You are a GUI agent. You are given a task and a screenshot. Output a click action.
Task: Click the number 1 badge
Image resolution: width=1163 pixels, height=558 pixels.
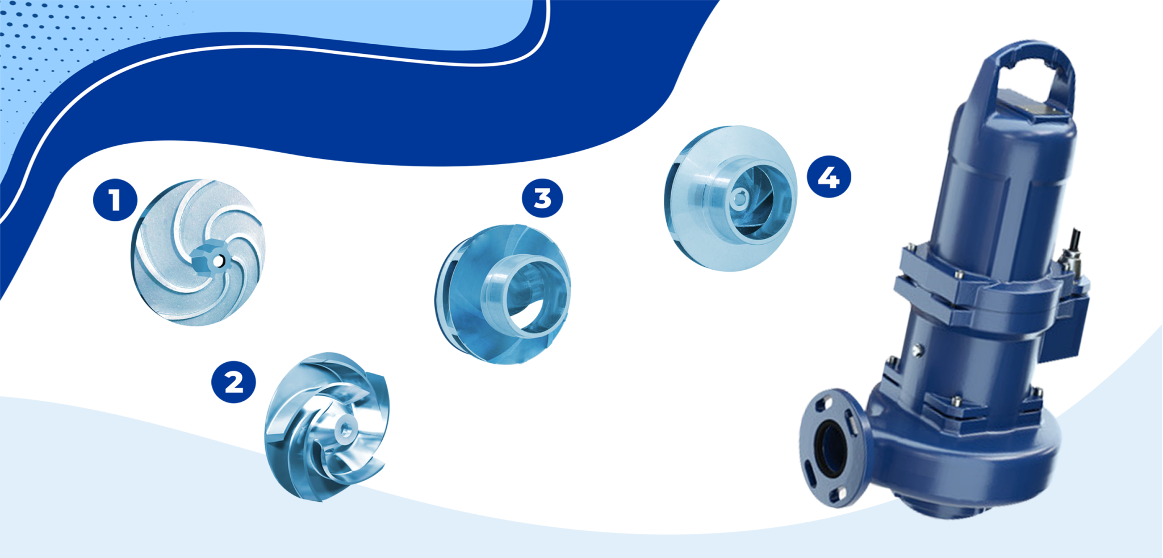[x=115, y=200]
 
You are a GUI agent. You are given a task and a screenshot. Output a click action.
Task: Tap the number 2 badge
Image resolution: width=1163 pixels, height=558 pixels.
[x=233, y=382]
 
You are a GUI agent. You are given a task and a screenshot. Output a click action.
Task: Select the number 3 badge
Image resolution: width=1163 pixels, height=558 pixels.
[x=542, y=198]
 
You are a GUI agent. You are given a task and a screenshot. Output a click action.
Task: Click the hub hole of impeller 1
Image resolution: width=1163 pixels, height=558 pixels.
[x=217, y=261]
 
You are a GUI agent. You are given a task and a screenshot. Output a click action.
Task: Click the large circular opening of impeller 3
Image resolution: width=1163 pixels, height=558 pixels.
[x=531, y=295]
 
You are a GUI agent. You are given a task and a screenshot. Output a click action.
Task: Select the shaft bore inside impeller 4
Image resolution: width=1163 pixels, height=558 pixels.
[x=739, y=199]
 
